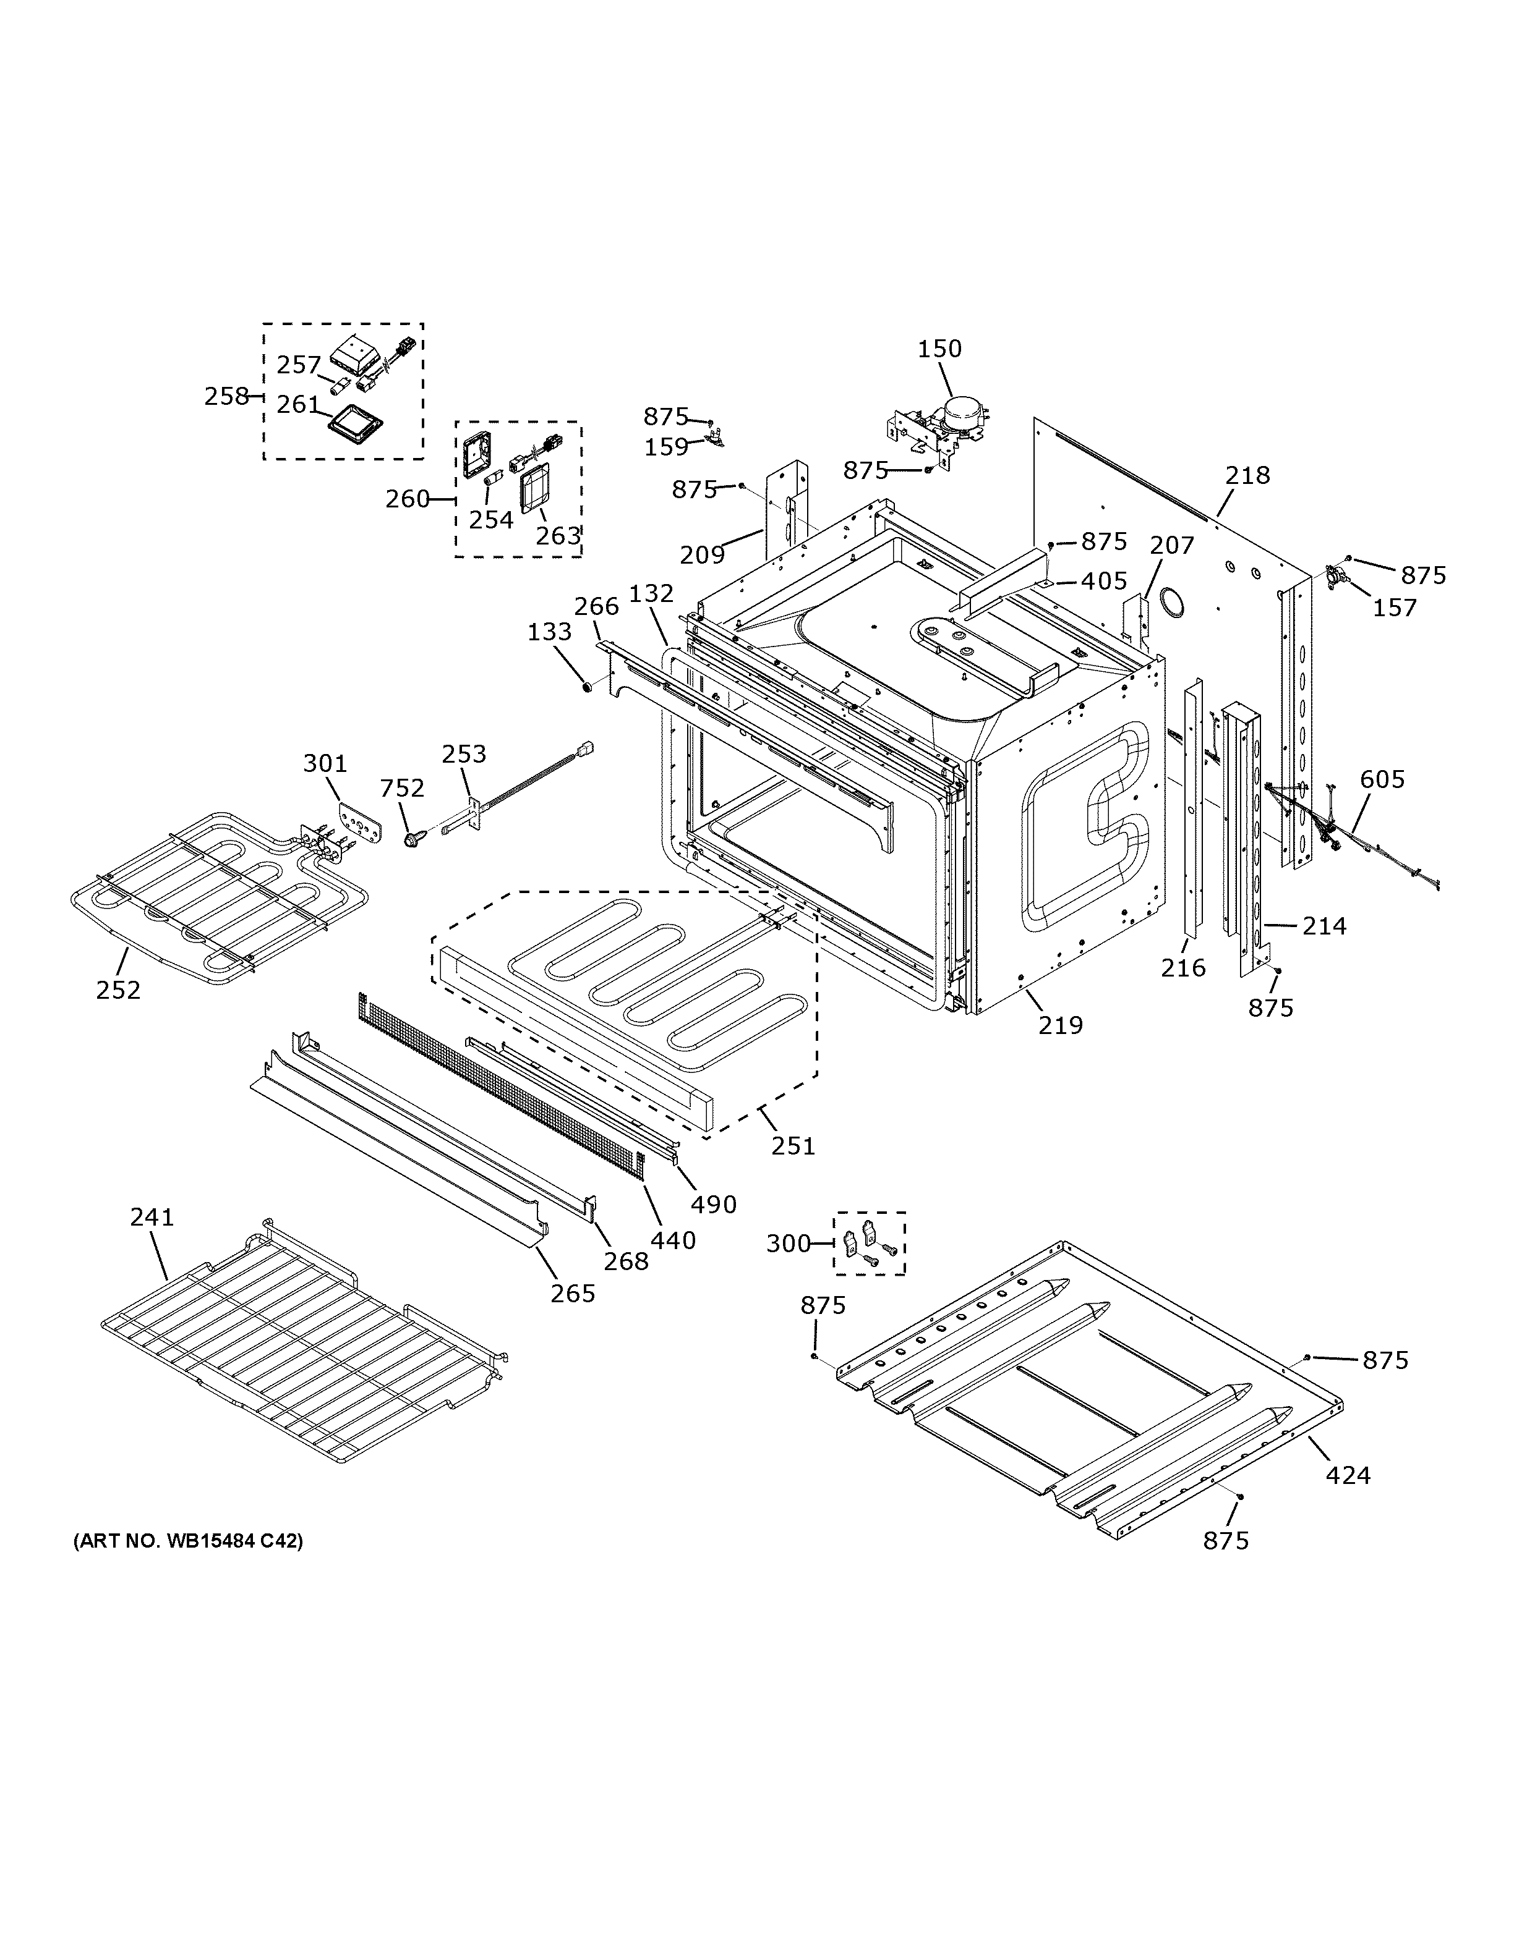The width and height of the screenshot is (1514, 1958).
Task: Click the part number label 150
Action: tap(939, 348)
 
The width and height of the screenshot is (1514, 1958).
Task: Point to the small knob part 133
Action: tap(586, 687)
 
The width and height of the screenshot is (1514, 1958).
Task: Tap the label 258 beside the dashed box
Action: tap(226, 396)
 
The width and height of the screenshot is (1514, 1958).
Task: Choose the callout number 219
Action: tap(1061, 1025)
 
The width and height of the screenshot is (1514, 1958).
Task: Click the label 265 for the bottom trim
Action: tap(572, 1293)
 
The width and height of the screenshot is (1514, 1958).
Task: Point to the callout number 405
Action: tap(1103, 581)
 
